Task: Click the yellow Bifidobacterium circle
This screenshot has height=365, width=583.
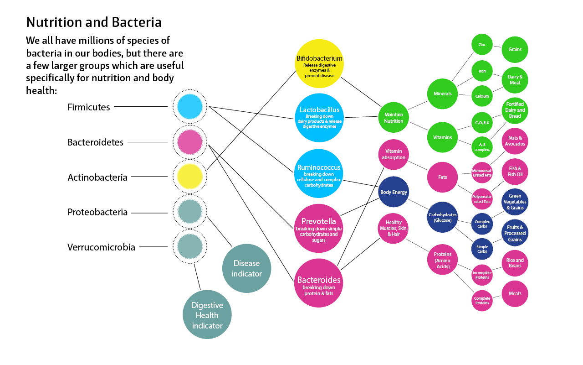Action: point(319,63)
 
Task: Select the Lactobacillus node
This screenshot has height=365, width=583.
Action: point(319,118)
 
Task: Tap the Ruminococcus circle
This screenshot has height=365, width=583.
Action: point(319,173)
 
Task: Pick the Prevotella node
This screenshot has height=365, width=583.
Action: point(319,228)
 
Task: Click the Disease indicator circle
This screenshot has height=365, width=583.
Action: point(246,268)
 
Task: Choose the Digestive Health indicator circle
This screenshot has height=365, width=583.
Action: point(207,315)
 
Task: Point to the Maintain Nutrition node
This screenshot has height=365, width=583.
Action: point(394,118)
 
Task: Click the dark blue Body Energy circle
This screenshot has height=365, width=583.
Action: point(394,192)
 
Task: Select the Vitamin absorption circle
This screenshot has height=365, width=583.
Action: point(394,154)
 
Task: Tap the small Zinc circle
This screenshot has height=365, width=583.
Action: point(482,45)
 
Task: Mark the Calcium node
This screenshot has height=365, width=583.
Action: point(482,96)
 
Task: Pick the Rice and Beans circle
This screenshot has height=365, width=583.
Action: point(515,263)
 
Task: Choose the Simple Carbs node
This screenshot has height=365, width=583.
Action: point(482,249)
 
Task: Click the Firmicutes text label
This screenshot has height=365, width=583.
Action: point(89,107)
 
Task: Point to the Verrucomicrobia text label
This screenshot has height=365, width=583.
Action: point(101,247)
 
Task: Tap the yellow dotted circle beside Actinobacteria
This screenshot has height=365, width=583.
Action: point(189,177)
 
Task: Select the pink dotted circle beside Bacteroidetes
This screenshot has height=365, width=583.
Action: point(189,142)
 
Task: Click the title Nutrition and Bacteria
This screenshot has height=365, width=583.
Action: point(94,22)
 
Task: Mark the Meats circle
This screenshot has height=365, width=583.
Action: point(515,294)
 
